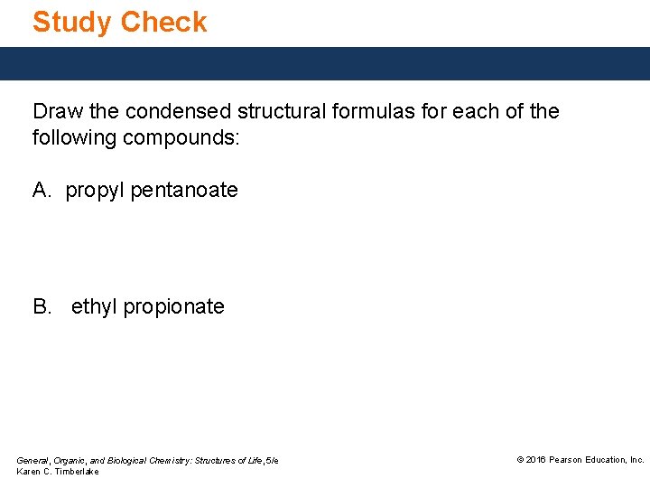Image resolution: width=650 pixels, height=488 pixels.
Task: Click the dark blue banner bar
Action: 325,63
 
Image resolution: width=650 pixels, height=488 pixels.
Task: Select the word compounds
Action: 180,138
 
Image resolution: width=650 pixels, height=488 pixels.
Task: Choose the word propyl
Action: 96,191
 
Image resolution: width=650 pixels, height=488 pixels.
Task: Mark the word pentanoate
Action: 184,190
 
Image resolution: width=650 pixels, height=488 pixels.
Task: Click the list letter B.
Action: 42,306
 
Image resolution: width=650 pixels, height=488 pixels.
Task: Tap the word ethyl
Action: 94,307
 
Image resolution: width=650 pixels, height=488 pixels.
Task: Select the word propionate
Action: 173,307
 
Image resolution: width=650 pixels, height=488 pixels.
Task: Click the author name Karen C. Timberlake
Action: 58,472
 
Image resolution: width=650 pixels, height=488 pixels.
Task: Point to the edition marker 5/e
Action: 271,461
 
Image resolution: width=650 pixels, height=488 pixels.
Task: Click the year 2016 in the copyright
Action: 537,460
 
